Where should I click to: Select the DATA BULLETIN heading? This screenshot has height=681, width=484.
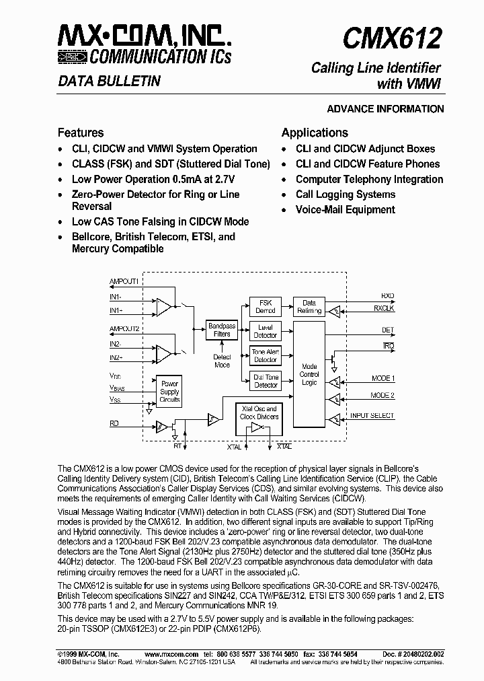tap(109, 81)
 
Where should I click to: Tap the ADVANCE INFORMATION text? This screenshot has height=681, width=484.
tap(385, 109)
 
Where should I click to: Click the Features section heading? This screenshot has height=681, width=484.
tap(81, 133)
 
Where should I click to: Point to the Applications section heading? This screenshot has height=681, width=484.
tap(315, 133)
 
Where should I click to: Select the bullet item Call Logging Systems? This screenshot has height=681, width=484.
tap(346, 194)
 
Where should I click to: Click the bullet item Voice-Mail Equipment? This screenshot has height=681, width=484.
tap(346, 210)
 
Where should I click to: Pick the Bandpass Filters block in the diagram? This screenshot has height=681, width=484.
tap(222, 330)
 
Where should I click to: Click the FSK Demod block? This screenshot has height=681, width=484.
tap(266, 307)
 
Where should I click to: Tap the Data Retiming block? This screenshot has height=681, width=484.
tap(309, 307)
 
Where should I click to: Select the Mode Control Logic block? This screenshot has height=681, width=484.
tap(309, 375)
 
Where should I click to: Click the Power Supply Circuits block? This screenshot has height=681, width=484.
tap(169, 392)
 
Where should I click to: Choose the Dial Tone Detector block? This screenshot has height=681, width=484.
tap(266, 381)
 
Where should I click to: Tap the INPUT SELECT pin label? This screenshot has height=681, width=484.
tap(372, 416)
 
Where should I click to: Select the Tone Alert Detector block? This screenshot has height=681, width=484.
tap(266, 355)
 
